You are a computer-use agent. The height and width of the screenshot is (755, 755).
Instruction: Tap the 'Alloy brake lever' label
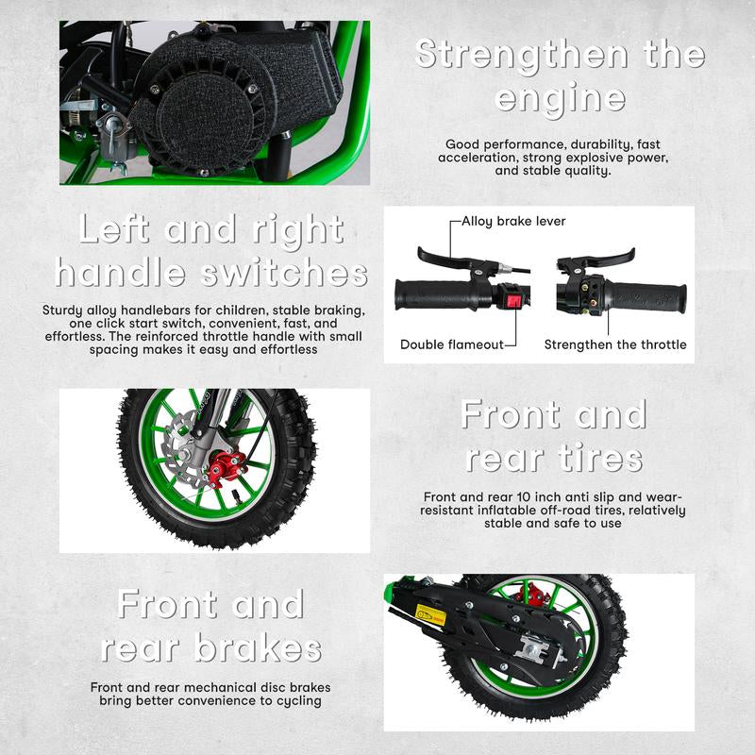pos(513,221)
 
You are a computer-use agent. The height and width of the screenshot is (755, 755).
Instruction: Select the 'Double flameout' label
pos(451,344)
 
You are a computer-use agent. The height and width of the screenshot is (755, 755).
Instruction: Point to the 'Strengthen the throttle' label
pos(615,344)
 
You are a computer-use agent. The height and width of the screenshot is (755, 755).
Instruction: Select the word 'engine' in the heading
pos(560,98)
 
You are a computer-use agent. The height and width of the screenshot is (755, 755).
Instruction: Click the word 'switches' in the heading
pos(283,274)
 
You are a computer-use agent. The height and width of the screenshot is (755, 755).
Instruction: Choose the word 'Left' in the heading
pos(117,230)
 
